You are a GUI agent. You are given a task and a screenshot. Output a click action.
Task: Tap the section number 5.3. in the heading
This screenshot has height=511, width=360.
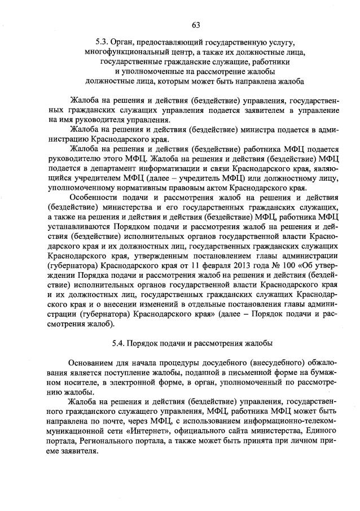pos(103,42)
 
